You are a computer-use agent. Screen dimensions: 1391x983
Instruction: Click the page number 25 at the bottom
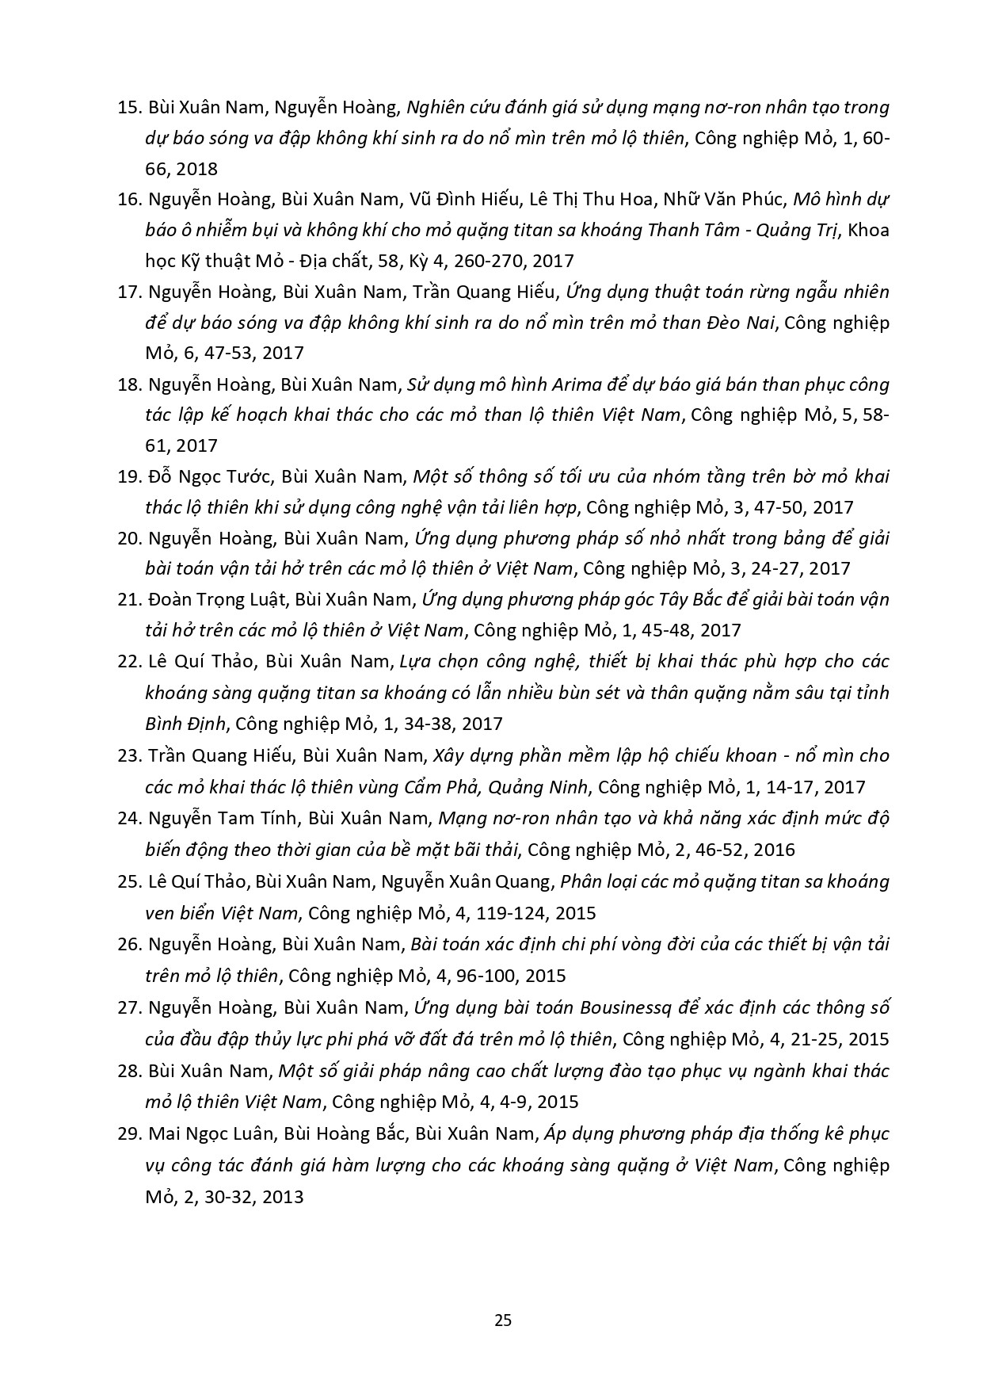[503, 1320]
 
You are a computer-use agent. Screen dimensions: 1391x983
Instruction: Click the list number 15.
[128, 107]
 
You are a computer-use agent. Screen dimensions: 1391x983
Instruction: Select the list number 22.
[128, 661]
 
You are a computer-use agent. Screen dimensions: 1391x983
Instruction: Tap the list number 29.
[128, 1134]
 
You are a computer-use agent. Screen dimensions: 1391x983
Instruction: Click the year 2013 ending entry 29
[280, 1196]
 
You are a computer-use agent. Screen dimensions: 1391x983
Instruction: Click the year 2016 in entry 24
[774, 850]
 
